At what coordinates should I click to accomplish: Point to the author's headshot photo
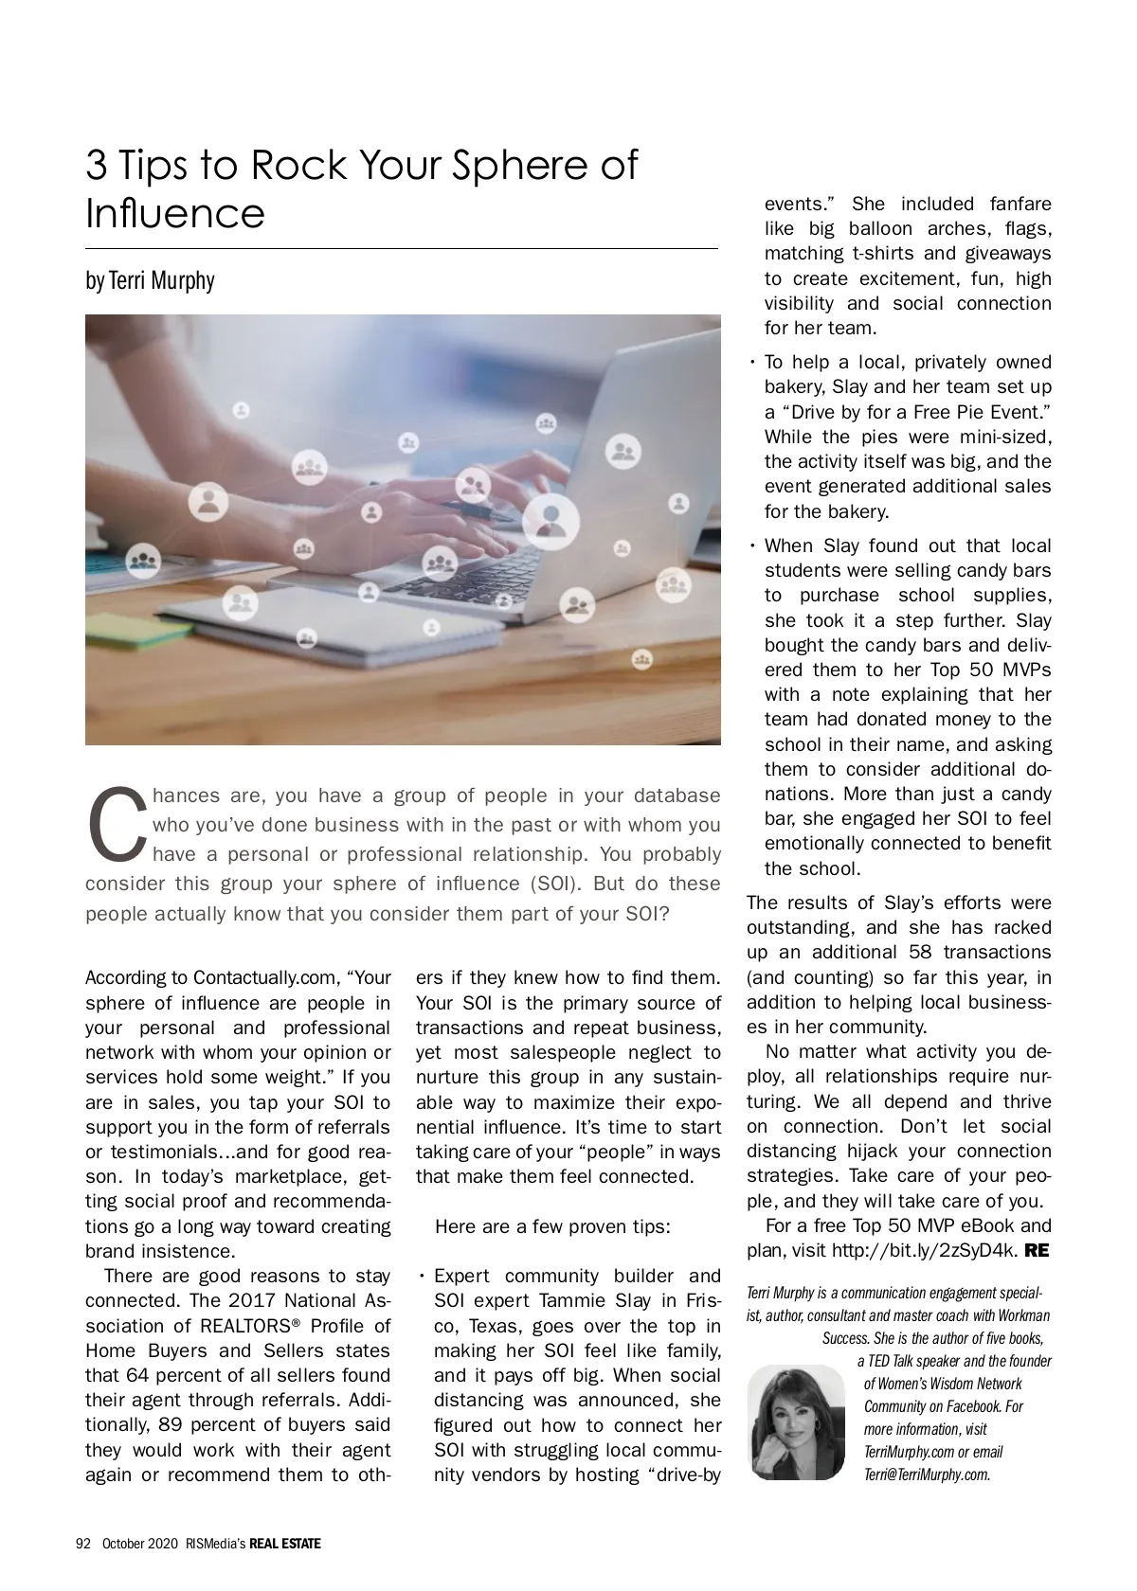point(796,1421)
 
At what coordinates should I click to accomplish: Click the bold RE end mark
point(1038,1250)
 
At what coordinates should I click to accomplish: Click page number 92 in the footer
point(82,1544)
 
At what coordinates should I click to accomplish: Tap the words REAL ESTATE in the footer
point(285,1544)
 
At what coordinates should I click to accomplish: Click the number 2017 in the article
point(253,1301)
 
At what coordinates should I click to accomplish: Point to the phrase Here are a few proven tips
point(552,1226)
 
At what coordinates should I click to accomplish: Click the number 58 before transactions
point(918,952)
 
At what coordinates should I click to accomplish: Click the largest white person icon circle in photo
point(550,520)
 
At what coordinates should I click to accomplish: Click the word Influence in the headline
point(175,213)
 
